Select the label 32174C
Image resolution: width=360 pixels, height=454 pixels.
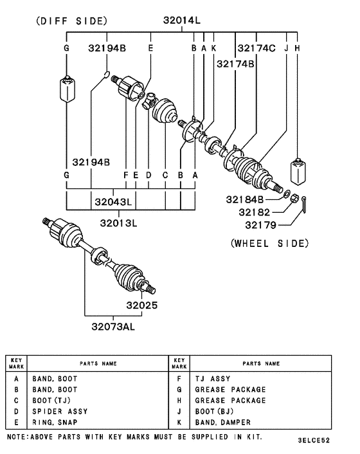(256, 48)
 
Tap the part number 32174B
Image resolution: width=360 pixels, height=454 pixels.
(235, 64)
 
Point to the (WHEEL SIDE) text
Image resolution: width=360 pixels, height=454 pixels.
(269, 243)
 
